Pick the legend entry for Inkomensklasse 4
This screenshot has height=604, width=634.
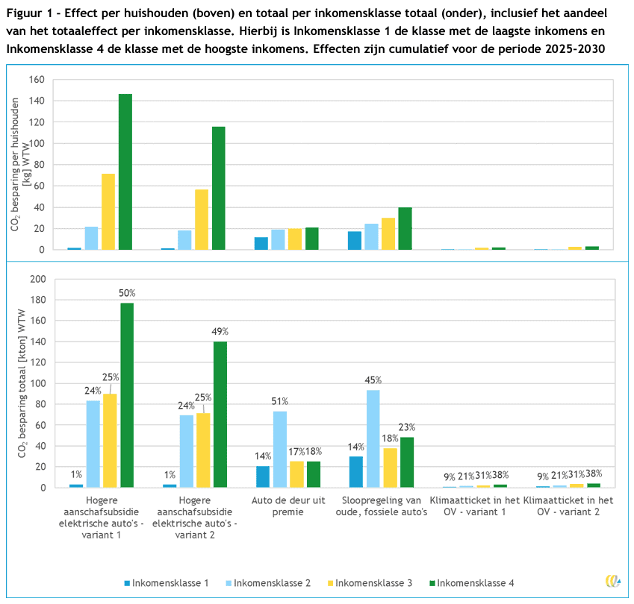470,582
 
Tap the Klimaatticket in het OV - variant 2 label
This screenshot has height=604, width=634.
568,506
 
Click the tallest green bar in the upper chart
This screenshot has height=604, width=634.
125,172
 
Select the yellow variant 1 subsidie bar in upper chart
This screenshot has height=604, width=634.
108,212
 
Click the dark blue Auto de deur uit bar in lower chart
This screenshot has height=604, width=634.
261,476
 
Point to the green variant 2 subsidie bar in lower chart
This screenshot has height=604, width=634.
220,415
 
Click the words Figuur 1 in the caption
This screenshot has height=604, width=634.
28,14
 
